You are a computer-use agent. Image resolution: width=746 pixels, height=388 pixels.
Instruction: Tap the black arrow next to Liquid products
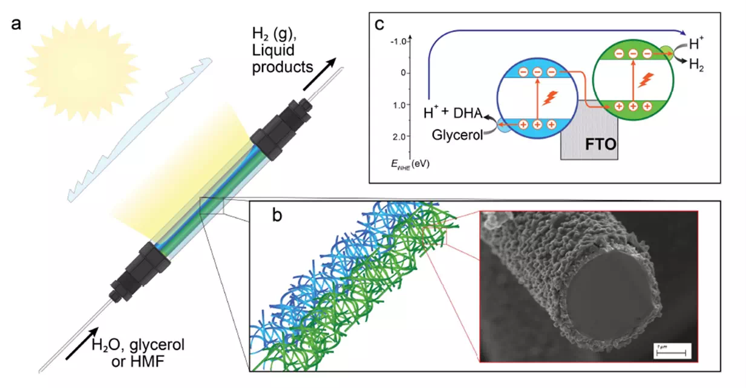(318, 70)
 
